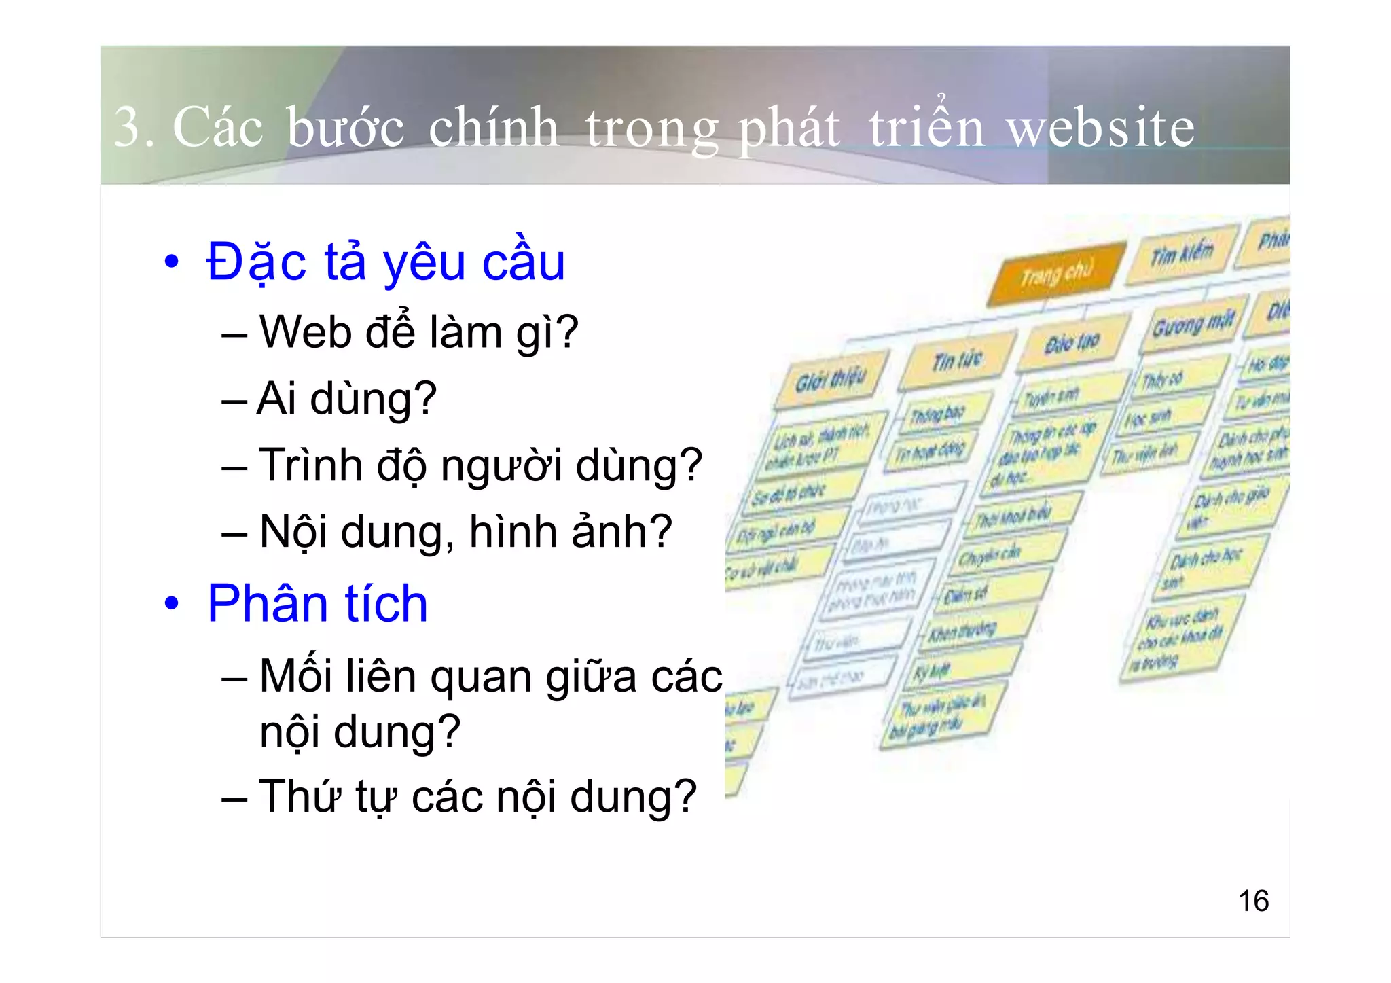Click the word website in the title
click(x=1100, y=128)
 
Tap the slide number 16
click(x=1253, y=901)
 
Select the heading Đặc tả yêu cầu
click(x=385, y=262)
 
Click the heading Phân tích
click(x=317, y=603)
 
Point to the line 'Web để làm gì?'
click(x=418, y=332)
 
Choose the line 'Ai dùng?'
click(x=347, y=399)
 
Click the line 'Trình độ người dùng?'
click(x=480, y=466)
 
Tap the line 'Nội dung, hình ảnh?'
click(x=465, y=532)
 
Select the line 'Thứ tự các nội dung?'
click(x=477, y=796)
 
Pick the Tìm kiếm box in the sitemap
click(x=1181, y=254)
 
